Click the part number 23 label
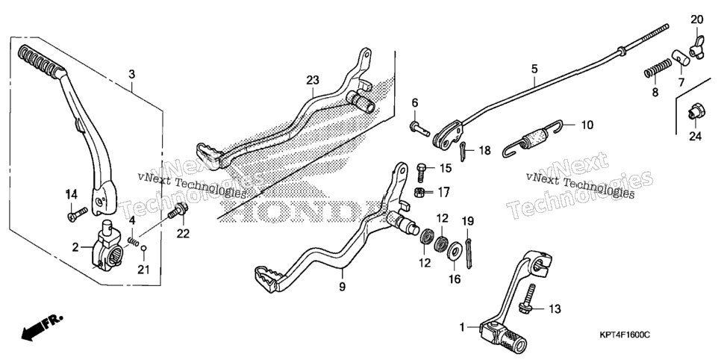click(x=313, y=80)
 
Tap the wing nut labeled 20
click(x=696, y=47)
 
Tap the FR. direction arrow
click(x=41, y=327)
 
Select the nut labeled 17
click(x=419, y=193)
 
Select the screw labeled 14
click(x=78, y=214)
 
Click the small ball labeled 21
click(x=144, y=249)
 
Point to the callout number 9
click(x=342, y=287)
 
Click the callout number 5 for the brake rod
click(x=534, y=69)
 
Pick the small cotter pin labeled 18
click(x=463, y=149)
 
